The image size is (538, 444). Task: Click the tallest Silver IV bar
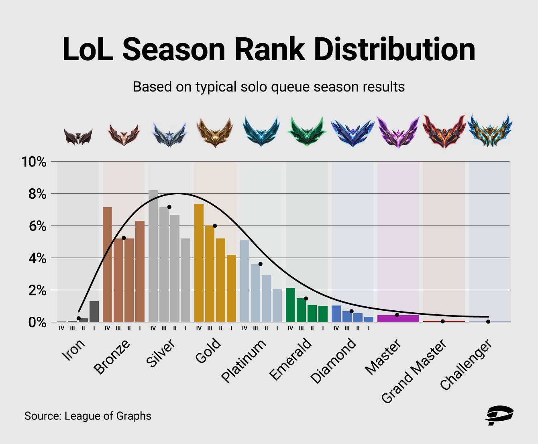(153, 256)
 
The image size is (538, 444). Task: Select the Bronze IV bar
(108, 265)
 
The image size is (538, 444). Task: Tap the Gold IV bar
(199, 263)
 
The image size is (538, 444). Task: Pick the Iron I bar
(94, 312)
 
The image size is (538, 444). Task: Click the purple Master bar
(398, 318)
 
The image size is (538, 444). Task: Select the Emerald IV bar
(290, 305)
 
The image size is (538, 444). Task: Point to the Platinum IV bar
(245, 281)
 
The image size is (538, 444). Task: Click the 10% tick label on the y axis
(34, 162)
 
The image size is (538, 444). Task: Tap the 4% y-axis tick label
(37, 258)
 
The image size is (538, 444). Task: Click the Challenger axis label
(466, 365)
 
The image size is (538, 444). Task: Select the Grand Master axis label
(414, 371)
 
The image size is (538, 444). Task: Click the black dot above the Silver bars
(169, 207)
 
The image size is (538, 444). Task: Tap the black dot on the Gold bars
(215, 226)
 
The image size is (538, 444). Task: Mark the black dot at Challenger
(488, 322)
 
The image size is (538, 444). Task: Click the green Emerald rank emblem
(307, 131)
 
